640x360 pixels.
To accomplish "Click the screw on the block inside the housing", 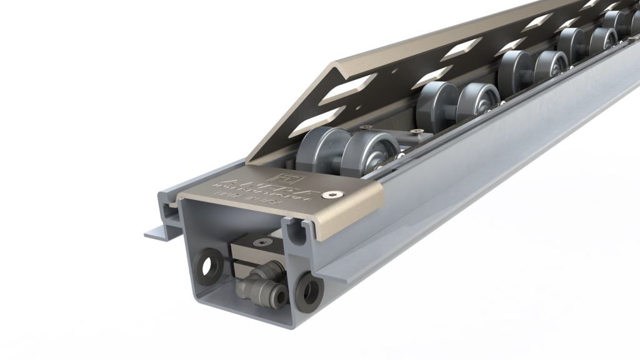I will click(259, 242).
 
